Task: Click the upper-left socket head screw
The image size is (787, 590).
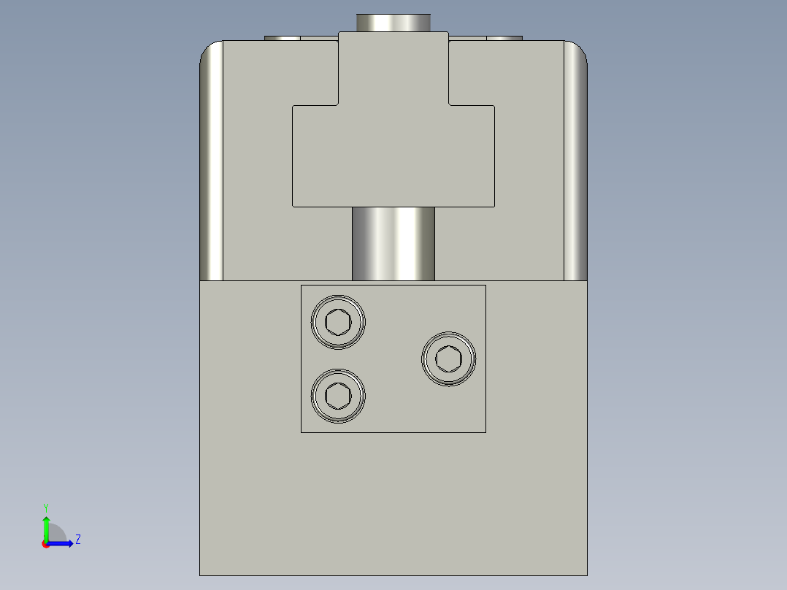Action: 338,321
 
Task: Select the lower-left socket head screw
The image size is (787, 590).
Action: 338,396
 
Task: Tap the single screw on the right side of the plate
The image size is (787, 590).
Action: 448,359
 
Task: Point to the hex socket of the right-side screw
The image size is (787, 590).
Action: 448,359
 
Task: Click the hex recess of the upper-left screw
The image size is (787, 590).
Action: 338,321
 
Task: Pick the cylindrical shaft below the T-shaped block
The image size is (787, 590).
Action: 393,244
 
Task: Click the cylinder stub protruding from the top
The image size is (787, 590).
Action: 393,22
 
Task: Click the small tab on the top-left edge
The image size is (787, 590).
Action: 282,37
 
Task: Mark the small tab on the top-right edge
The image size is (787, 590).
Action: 504,37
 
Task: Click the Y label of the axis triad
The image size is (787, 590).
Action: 45,507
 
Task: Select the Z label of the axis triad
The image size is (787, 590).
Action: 77,540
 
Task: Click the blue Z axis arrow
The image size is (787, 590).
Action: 62,543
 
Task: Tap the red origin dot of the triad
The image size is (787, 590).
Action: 45,544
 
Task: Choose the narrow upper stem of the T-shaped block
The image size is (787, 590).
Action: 393,69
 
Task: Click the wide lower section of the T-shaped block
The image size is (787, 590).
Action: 393,157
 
